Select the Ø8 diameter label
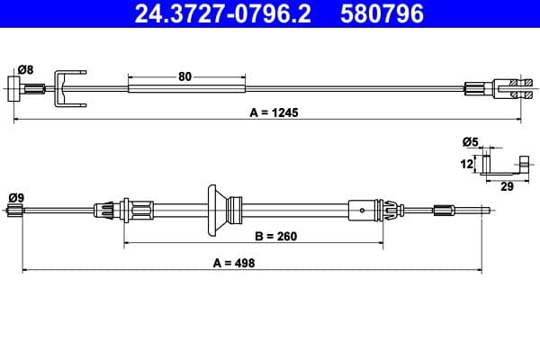point(25,69)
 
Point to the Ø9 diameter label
point(15,197)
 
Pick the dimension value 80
point(185,76)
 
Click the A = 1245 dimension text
point(273,113)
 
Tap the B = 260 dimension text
point(274,237)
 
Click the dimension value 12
point(467,165)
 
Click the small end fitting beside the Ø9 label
point(13,211)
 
